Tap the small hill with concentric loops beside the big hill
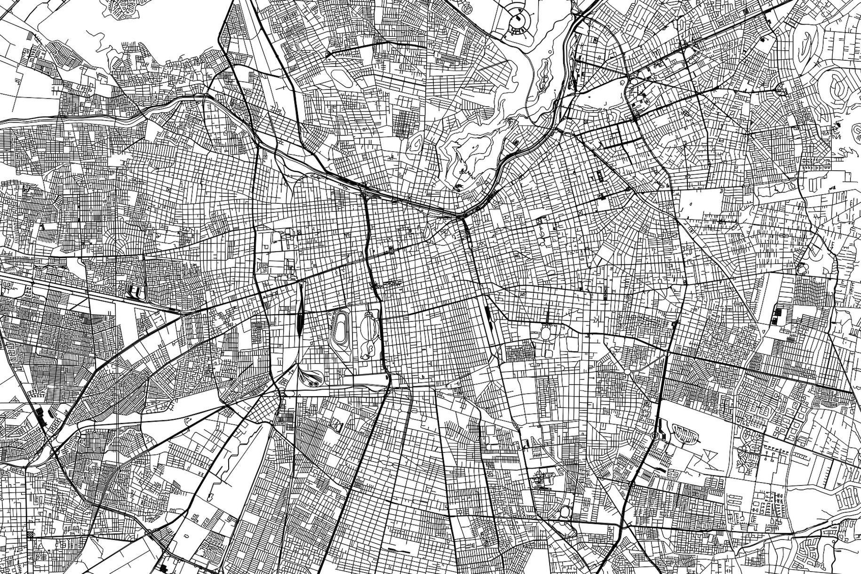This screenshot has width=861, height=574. pos(416,141)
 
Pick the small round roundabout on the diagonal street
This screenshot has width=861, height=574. pos(628,371)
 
